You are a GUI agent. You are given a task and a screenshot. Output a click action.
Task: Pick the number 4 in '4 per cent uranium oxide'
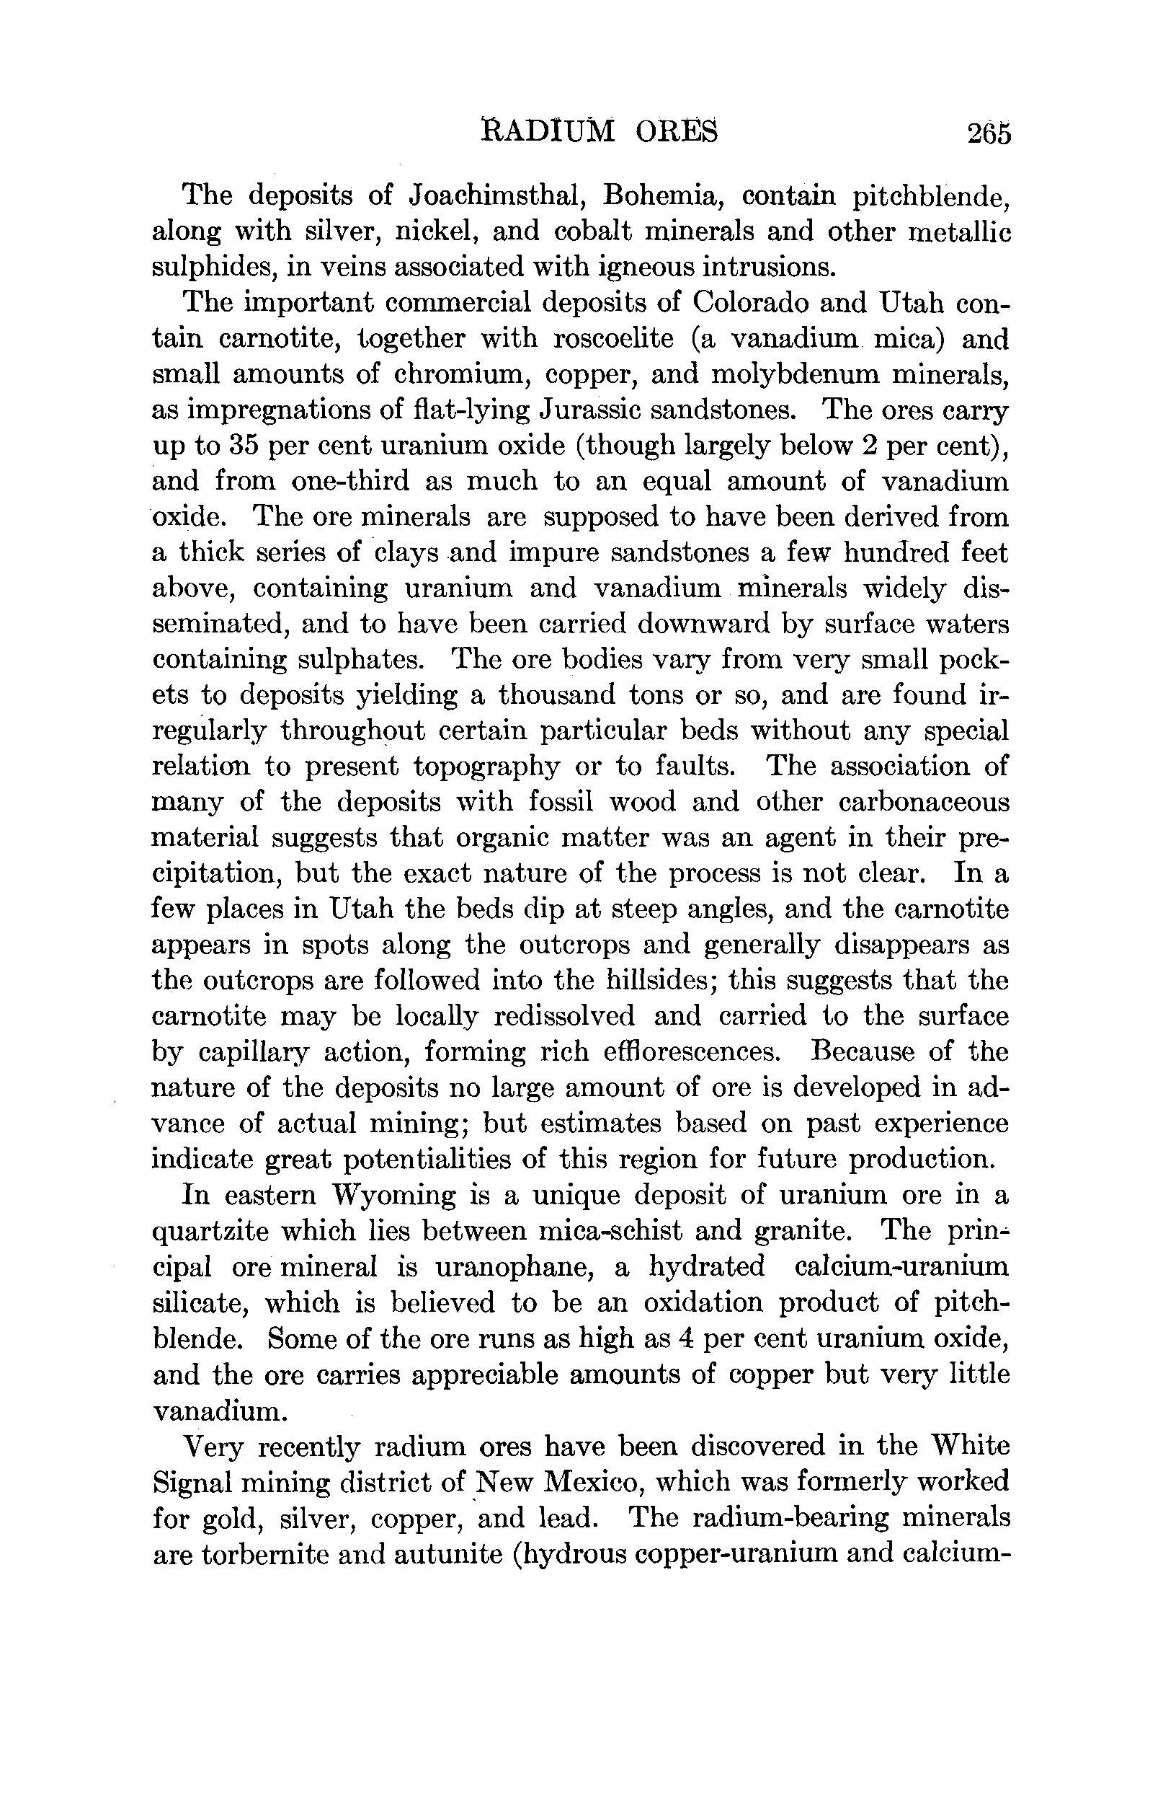click(687, 1339)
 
